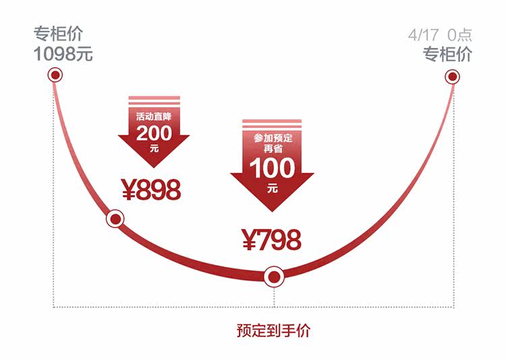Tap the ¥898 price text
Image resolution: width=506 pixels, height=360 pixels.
coord(151,191)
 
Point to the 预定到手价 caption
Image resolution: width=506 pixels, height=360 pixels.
coord(274,331)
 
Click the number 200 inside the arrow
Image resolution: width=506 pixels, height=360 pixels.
coord(154,133)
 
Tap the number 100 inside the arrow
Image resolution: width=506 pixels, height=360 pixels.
coord(272,168)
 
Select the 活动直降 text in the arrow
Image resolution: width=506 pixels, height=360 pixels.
coord(154,115)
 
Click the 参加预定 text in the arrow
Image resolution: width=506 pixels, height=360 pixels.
coord(272,138)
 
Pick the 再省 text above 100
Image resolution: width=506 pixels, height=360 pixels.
coord(272,150)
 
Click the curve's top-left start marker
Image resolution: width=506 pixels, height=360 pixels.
coord(55,75)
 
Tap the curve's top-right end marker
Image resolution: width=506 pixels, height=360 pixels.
coord(453,77)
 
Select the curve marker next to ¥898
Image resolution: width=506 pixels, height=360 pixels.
coord(115,219)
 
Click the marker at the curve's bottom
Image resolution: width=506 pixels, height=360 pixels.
coord(273,276)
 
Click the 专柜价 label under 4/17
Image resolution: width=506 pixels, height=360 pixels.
coord(447,55)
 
